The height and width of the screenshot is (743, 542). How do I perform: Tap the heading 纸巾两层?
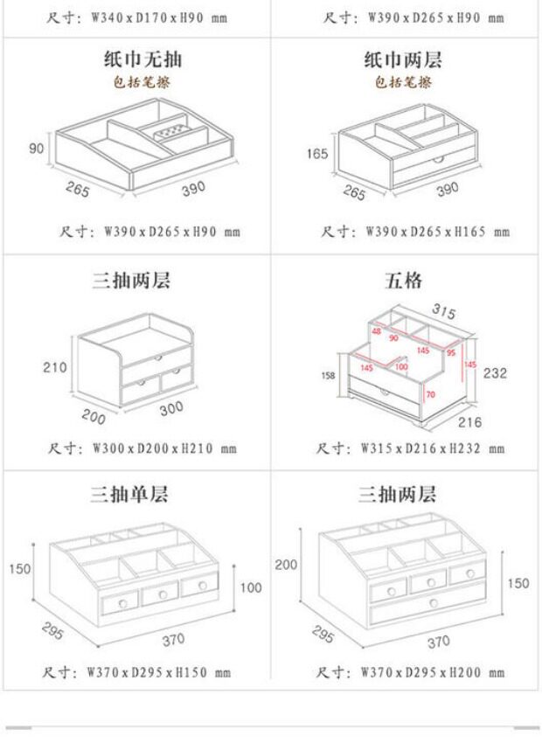(403, 60)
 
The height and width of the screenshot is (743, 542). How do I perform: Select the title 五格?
(403, 281)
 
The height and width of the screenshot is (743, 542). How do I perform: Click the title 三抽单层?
(130, 495)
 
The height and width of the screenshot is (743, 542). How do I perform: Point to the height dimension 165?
(316, 155)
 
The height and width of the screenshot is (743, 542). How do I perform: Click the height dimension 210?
(55, 367)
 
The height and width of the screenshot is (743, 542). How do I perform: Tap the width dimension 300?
(172, 409)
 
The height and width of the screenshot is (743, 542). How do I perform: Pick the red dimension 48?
(377, 330)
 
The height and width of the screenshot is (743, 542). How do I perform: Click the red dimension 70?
(430, 394)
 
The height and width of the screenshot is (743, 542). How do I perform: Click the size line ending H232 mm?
(411, 449)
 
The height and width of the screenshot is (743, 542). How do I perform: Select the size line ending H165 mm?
(414, 232)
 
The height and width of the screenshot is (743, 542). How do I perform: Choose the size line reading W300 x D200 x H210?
(142, 449)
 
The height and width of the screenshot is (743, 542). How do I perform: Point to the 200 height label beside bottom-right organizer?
(286, 565)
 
